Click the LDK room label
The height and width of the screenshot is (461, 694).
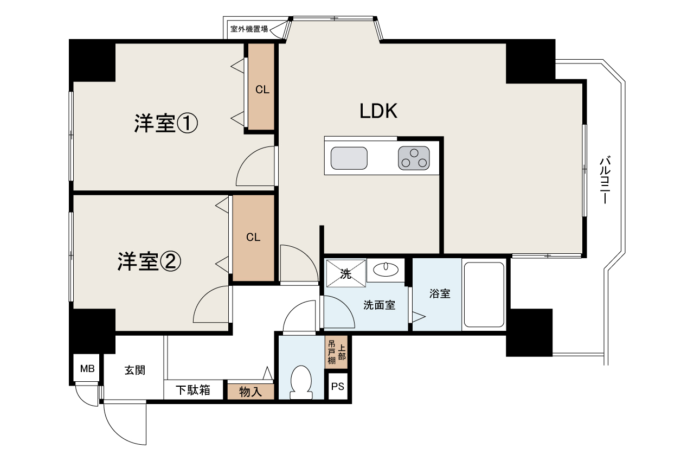(378, 111)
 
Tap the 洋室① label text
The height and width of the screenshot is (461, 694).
(166, 123)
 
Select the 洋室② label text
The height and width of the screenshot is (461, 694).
(149, 262)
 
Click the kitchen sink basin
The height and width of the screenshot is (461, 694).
(349, 158)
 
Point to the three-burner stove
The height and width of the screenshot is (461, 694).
(414, 158)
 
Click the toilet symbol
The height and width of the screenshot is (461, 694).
(301, 382)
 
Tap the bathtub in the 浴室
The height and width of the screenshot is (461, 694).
(484, 294)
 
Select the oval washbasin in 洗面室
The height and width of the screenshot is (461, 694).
(385, 269)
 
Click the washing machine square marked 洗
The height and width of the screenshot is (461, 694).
(346, 273)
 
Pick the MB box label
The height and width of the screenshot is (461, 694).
(87, 369)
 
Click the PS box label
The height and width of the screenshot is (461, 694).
(338, 386)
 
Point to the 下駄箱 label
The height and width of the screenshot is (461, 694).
(192, 390)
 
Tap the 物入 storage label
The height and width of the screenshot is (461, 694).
(250, 392)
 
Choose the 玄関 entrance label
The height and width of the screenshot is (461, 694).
(135, 370)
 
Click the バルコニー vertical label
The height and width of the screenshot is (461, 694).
(606, 180)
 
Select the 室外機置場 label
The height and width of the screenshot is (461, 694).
(249, 29)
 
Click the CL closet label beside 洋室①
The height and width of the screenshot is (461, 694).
(262, 90)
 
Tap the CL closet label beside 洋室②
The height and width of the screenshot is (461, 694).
(253, 238)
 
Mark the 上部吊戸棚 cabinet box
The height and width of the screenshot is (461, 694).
(336, 352)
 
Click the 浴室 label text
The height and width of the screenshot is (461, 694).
(440, 293)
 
